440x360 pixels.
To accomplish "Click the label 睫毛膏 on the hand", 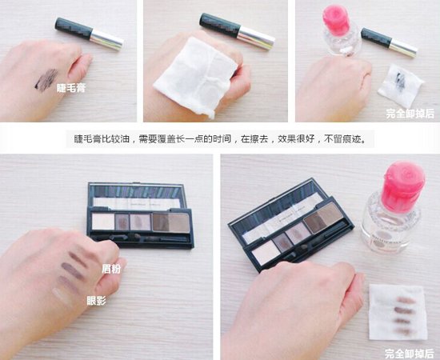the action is (x=71, y=88).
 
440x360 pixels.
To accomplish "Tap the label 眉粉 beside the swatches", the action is (x=111, y=269).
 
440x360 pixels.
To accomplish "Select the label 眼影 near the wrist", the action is (x=96, y=301).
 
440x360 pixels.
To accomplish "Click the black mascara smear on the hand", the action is (x=46, y=80).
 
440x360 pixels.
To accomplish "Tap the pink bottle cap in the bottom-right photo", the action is (x=402, y=183).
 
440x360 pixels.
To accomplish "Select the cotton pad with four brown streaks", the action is (x=398, y=312).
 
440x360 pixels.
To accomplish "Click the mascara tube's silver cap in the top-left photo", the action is (x=107, y=39).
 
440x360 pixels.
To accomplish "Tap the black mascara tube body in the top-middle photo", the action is (x=220, y=26).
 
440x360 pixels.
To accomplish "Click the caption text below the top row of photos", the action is (x=220, y=139).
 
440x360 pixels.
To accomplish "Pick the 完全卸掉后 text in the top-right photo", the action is (x=410, y=114).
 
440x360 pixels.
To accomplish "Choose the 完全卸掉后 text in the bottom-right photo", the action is (x=410, y=353).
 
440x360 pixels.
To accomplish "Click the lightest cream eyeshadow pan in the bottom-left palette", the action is (x=103, y=222).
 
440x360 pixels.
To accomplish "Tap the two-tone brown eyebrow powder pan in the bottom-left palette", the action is (x=170, y=222).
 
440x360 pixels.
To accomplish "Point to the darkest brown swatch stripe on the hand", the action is (x=73, y=270).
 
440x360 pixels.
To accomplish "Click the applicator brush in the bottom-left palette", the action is (x=140, y=238).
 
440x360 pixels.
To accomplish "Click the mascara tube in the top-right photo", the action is (x=389, y=42).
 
